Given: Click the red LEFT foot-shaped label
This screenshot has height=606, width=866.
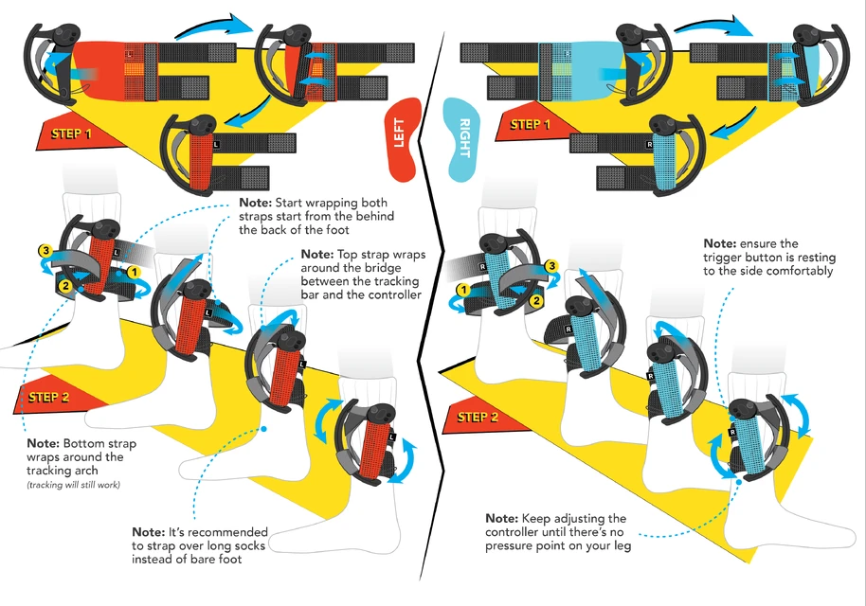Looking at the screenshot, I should pyautogui.click(x=405, y=138).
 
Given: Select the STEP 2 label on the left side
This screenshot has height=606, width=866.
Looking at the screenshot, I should pyautogui.click(x=49, y=397).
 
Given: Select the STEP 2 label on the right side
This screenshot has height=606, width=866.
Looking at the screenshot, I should pyautogui.click(x=478, y=418).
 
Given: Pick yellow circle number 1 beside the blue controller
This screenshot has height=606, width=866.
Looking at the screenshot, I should pyautogui.click(x=462, y=289).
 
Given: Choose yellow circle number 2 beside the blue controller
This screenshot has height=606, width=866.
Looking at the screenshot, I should pyautogui.click(x=535, y=301).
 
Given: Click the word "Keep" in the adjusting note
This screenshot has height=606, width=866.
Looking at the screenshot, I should pyautogui.click(x=536, y=518).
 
